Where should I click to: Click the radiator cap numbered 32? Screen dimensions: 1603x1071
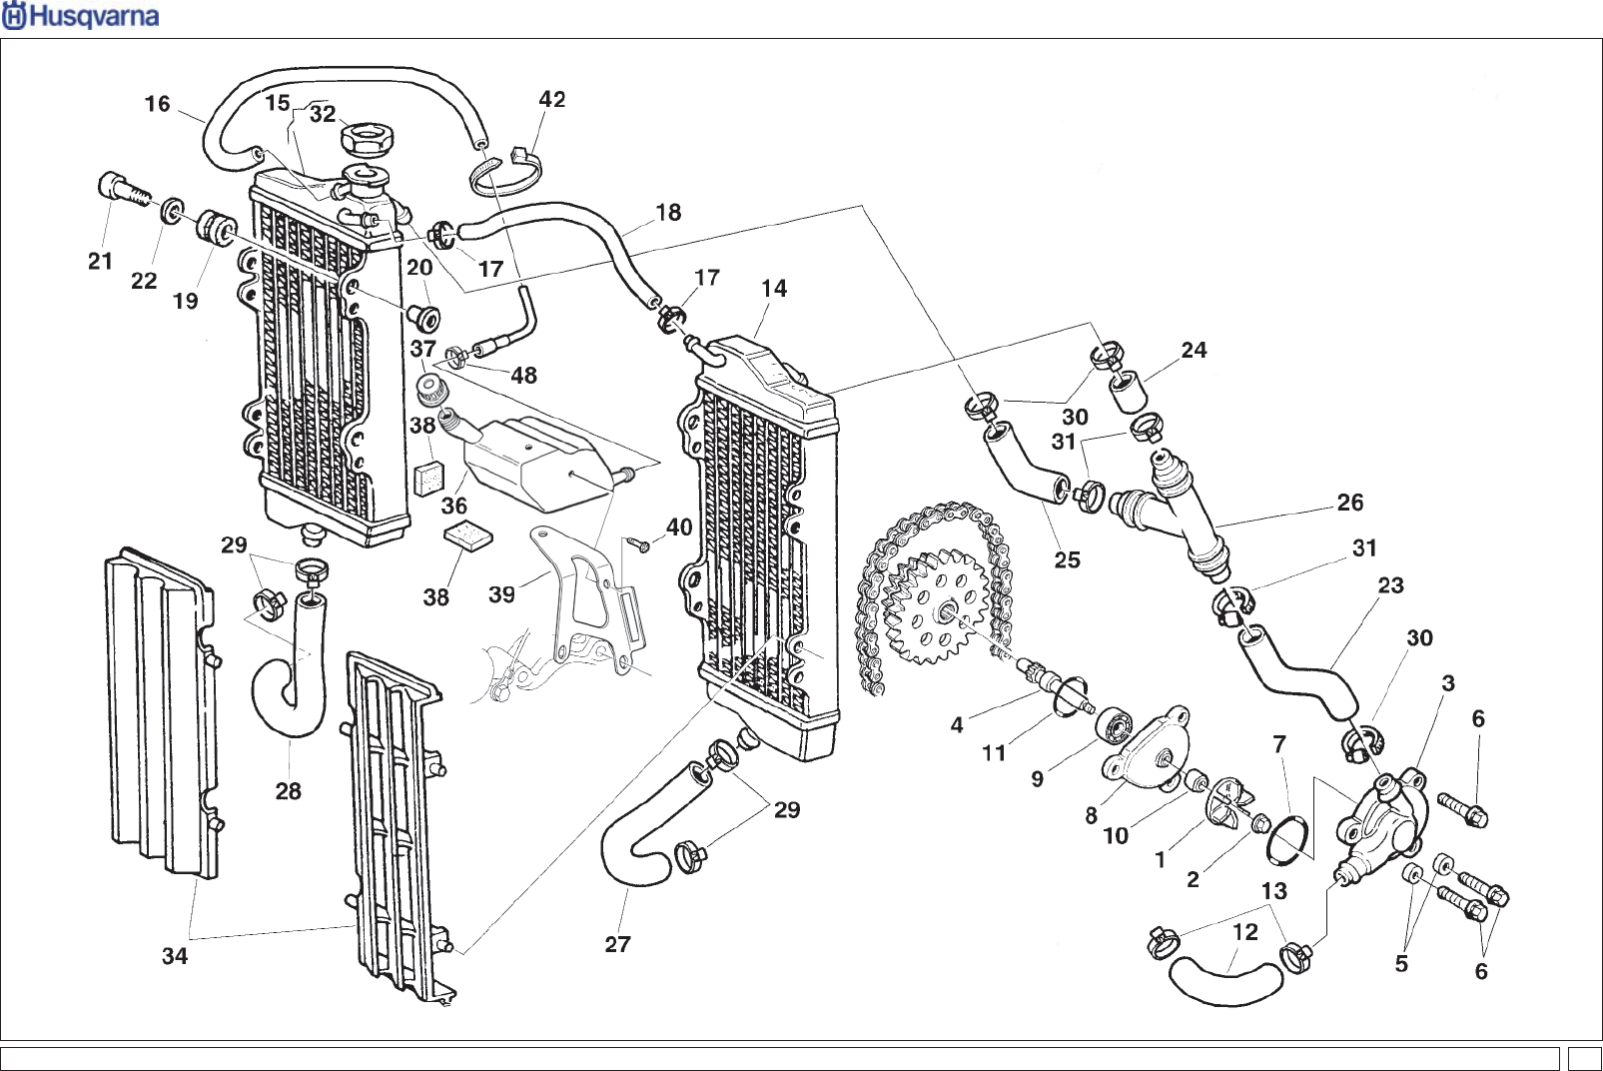pos(368,140)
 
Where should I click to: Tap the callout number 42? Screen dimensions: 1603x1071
pos(551,100)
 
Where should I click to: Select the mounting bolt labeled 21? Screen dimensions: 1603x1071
pos(125,188)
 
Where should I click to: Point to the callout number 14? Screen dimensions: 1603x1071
pos(774,289)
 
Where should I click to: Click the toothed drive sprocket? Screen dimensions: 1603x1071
pos(935,605)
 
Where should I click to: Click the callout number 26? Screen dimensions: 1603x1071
pos(1349,503)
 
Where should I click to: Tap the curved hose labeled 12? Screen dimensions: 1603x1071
pos(1225,982)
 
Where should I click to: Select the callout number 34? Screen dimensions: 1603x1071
pos(175,956)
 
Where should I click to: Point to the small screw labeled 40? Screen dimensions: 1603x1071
pos(638,544)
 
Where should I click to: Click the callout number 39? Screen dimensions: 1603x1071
pos(501,594)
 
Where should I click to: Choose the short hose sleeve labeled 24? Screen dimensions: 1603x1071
pos(1129,391)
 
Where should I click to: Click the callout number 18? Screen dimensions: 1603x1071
pos(668,213)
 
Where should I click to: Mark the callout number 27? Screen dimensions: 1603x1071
pos(617,944)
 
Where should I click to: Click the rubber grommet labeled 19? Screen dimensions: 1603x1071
pos(216,226)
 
